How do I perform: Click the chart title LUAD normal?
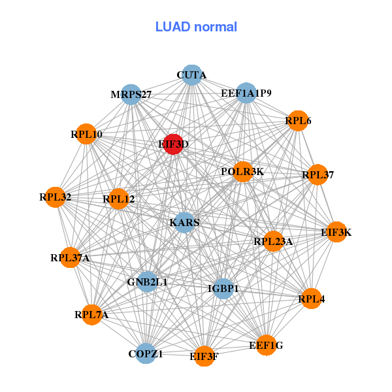tap(196, 27)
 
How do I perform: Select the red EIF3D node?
tap(173, 144)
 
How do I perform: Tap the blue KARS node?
tap(185, 223)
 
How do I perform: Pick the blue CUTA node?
tap(191, 75)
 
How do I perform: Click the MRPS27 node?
tap(131, 95)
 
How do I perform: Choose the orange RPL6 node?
tap(297, 121)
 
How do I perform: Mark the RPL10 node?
tap(86, 134)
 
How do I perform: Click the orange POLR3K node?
tap(242, 172)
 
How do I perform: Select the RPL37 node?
tap(318, 174)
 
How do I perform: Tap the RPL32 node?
tap(56, 197)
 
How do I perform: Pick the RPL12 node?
tap(118, 199)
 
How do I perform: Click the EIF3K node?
tap(336, 232)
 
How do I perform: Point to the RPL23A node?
tap(273, 241)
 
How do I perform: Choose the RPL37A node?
tap(71, 257)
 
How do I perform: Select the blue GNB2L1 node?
tap(148, 282)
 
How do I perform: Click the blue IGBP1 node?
tap(223, 288)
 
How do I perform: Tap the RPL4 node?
tap(311, 299)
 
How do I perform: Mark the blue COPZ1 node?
tap(145, 353)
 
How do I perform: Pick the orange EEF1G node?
tap(266, 344)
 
